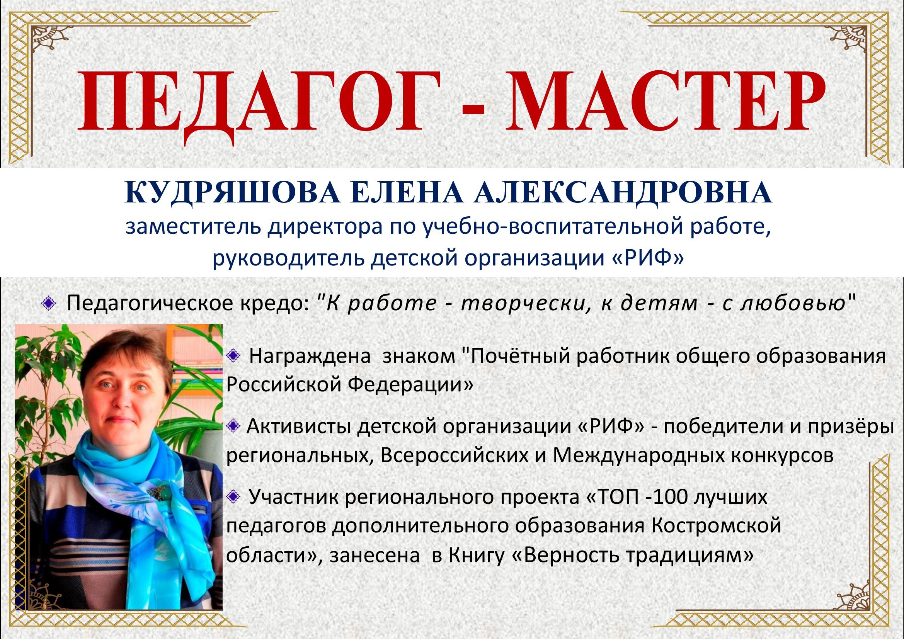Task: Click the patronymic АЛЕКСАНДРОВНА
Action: click(622, 193)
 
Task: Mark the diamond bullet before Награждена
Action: click(233, 356)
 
